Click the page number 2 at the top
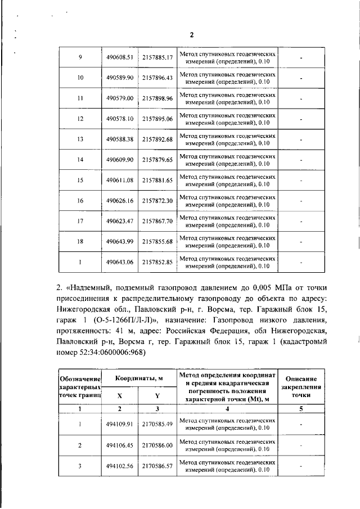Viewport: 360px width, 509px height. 191,35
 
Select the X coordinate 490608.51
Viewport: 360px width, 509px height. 119,57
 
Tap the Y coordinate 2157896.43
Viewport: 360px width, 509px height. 157,78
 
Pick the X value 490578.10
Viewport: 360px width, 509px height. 119,119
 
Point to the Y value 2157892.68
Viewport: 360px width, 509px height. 157,139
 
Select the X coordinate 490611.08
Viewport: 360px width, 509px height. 119,180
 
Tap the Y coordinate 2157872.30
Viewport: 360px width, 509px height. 157,201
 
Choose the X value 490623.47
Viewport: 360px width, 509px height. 119,221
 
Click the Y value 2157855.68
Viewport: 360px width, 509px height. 157,242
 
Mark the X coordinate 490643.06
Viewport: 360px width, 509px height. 119,262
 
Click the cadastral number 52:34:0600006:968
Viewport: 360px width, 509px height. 110,353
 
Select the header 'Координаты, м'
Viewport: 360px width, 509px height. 139,380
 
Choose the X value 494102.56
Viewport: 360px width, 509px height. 119,466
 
